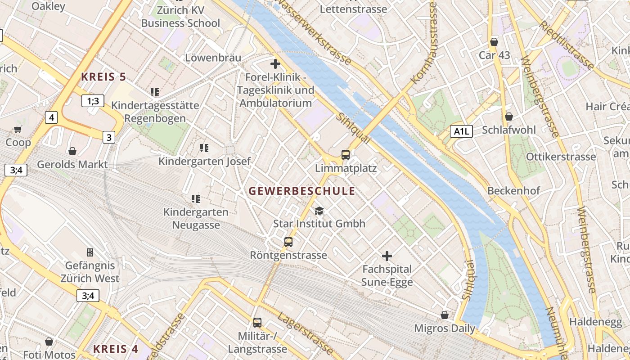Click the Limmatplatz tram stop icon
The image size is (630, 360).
click(x=346, y=155)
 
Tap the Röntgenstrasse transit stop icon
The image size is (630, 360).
click(x=288, y=242)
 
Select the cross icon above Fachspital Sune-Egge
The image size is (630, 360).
click(x=387, y=256)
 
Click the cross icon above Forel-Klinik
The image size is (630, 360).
click(x=275, y=64)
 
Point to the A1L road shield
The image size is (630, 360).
click(x=462, y=131)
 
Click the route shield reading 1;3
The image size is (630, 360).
click(x=93, y=101)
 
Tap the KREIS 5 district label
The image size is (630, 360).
click(x=103, y=77)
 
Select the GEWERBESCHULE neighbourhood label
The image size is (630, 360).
click(x=302, y=191)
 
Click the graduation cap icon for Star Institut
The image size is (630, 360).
click(x=319, y=211)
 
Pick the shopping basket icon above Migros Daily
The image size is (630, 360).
click(x=445, y=315)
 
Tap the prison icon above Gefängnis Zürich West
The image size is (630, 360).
click(x=90, y=252)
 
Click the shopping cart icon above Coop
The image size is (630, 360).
click(x=18, y=130)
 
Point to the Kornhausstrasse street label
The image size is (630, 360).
click(x=424, y=45)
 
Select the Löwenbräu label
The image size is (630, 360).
click(x=213, y=58)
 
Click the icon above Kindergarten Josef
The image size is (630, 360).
click(x=204, y=148)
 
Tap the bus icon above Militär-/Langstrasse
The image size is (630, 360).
click(x=257, y=322)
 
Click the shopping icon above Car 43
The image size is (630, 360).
click(x=494, y=42)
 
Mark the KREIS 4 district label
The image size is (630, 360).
click(x=116, y=349)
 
